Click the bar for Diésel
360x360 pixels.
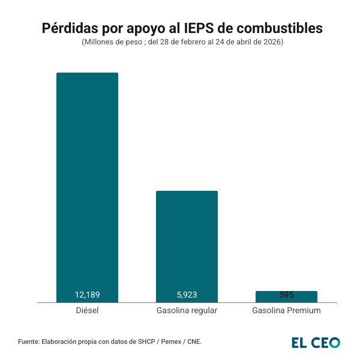coord(87,186)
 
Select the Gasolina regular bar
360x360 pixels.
coord(187,246)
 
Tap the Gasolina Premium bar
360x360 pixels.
coord(286,296)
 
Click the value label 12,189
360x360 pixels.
coord(87,295)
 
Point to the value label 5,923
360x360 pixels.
coord(187,295)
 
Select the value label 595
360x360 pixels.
coord(286,295)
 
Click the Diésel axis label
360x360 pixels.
coord(87,311)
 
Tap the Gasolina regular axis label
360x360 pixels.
coord(187,311)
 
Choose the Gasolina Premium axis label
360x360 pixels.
coord(286,311)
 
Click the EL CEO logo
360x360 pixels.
coord(316,343)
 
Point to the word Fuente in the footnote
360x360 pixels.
coord(29,341)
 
